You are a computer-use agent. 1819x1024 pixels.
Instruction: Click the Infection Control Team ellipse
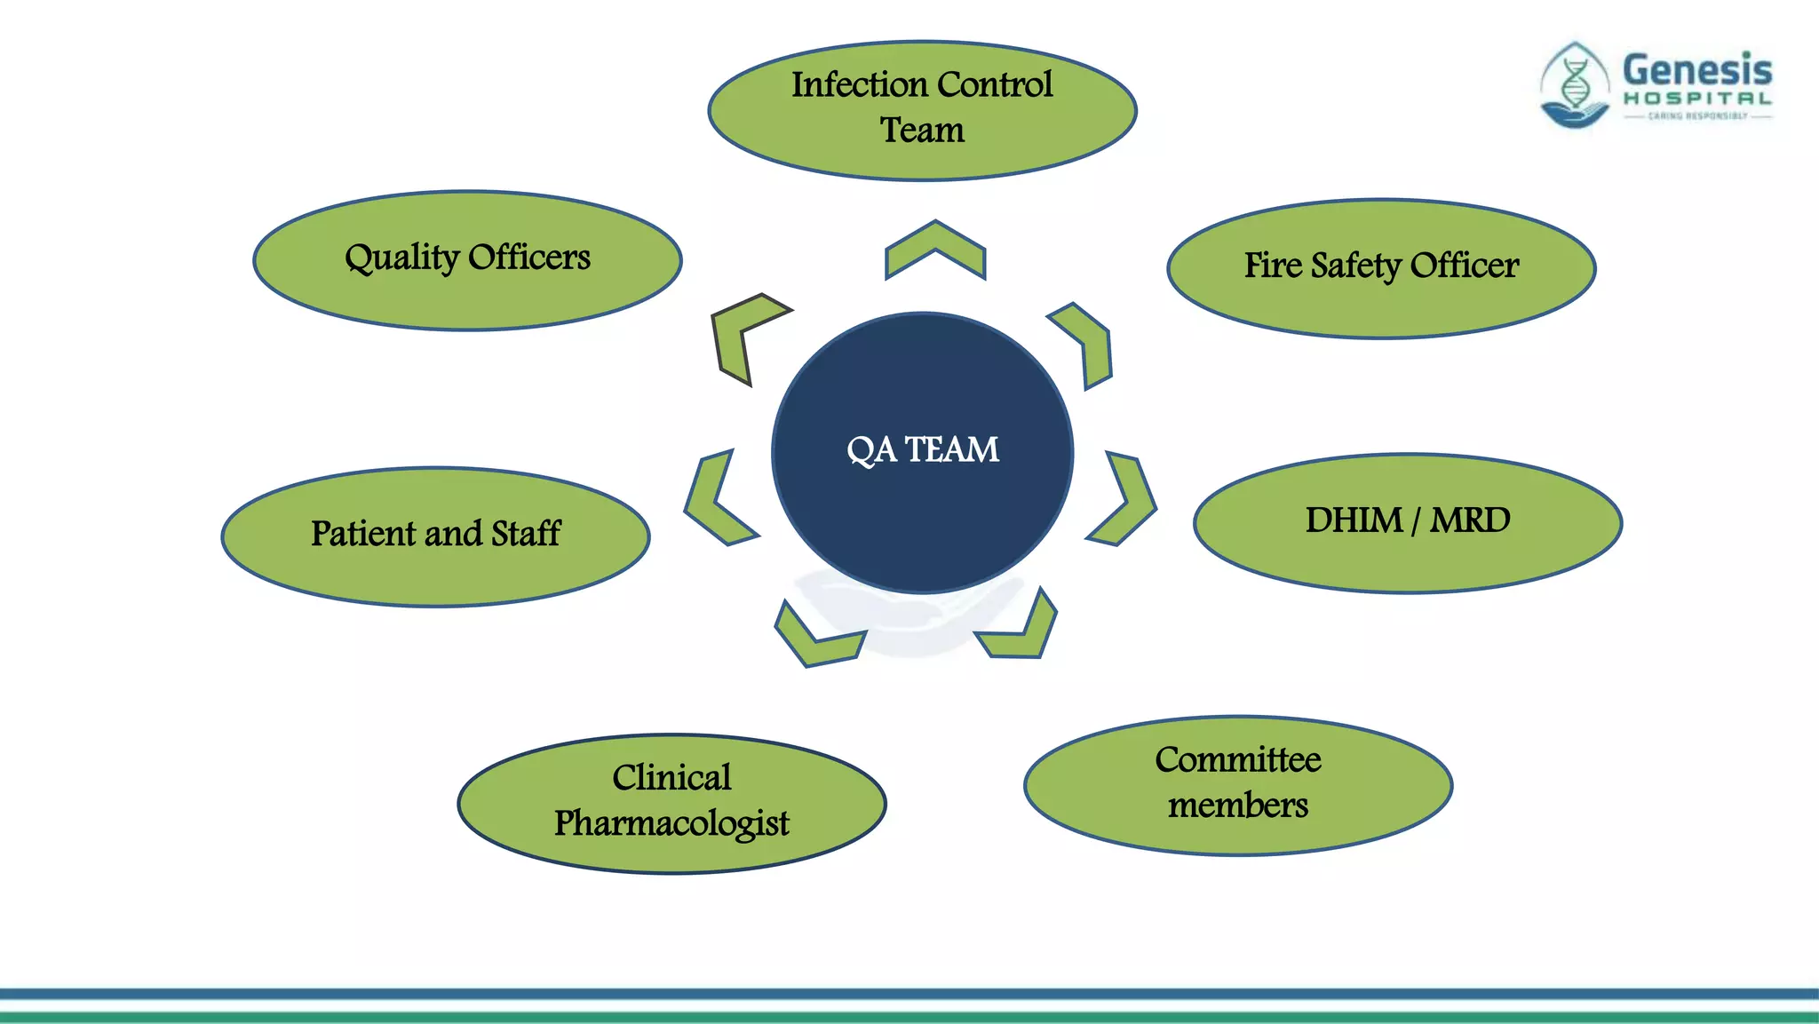pos(922,110)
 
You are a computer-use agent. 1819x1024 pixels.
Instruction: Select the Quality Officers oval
pos(467,260)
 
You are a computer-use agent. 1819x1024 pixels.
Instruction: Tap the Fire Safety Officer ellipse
pos(1381,268)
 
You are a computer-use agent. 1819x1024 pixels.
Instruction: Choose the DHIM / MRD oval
pos(1408,523)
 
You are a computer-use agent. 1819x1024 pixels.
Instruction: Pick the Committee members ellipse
pos(1238,785)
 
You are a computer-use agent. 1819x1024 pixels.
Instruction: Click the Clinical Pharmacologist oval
pos(671,803)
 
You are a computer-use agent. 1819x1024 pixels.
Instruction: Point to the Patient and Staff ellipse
pos(435,536)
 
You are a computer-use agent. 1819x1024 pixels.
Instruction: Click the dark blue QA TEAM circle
pos(922,452)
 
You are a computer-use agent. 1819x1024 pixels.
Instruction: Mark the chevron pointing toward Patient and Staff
pos(715,500)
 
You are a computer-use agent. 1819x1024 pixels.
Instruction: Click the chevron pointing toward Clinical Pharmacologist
pos(814,639)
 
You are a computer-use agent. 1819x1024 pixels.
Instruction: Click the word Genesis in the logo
pos(1696,70)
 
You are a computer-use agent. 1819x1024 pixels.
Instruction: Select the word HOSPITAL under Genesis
pos(1697,99)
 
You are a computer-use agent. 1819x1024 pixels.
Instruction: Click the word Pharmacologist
pos(671,823)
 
